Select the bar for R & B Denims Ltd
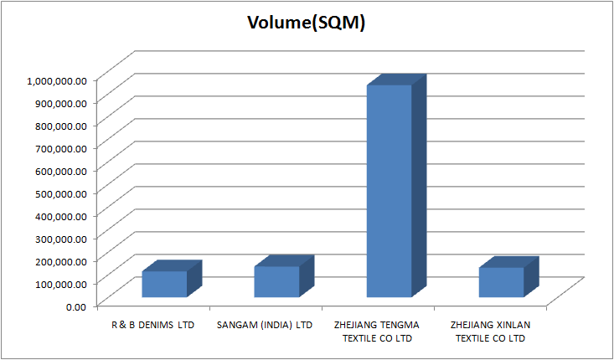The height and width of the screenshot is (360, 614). [164, 284]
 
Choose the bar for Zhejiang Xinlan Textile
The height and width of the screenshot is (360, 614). [501, 282]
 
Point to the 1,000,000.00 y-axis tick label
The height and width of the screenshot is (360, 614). [56, 80]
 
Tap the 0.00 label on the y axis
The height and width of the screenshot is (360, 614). [75, 306]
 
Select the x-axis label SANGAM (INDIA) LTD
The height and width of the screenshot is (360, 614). [265, 324]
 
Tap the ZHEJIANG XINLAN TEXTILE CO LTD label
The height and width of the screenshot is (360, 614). [490, 331]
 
